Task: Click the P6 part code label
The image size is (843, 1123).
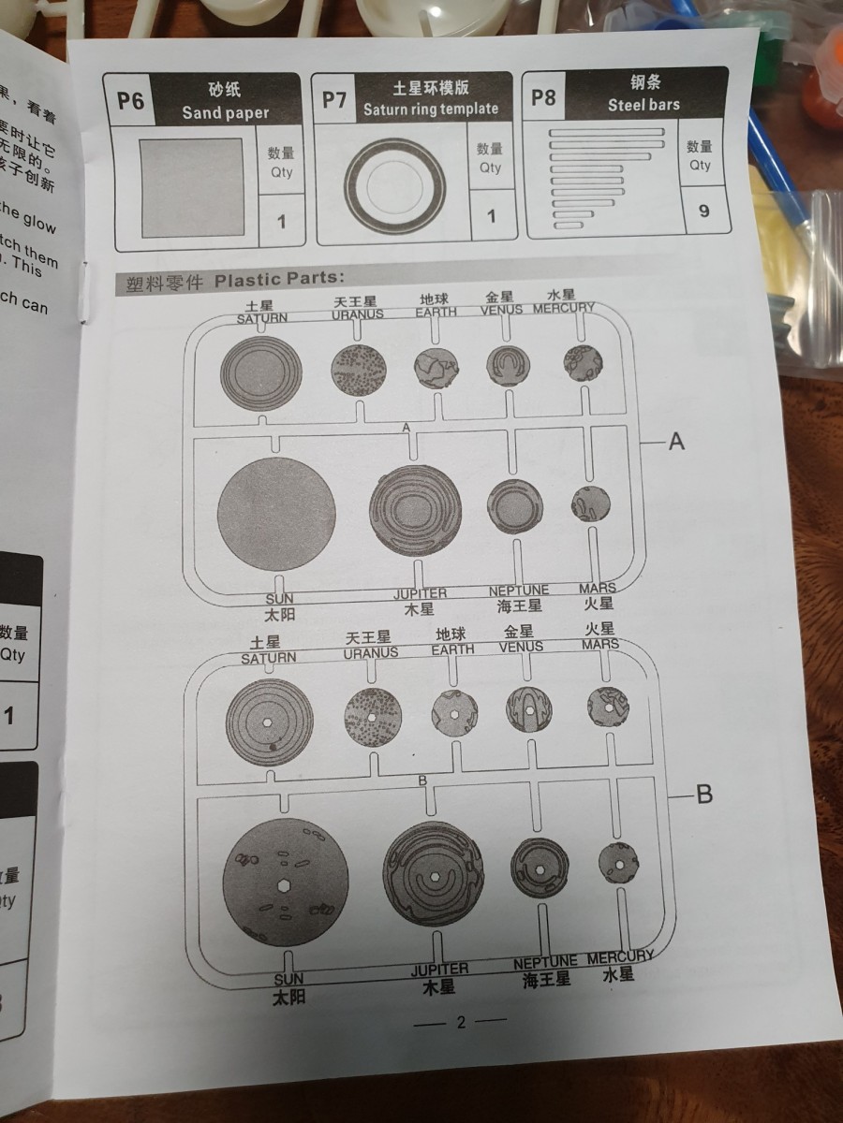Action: click(130, 100)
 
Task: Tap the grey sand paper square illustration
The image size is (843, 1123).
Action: click(193, 188)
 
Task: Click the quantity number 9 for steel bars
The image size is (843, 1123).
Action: click(703, 211)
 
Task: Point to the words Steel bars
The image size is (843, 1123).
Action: click(643, 105)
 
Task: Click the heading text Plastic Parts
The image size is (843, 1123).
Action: click(279, 279)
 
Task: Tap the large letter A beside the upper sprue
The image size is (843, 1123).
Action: click(676, 441)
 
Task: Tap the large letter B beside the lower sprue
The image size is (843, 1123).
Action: click(704, 795)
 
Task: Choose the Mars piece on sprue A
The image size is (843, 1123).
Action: click(590, 504)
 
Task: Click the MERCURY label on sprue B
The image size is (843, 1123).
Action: click(620, 957)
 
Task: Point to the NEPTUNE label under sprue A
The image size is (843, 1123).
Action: click(519, 591)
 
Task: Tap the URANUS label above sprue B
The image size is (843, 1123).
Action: click(370, 652)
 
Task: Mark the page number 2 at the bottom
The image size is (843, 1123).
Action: click(460, 1022)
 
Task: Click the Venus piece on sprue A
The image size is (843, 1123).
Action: click(509, 366)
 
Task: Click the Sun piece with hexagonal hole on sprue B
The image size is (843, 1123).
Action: click(286, 882)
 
